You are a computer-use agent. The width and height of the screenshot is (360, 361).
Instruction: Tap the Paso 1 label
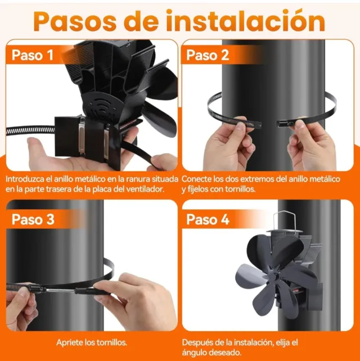[33, 55]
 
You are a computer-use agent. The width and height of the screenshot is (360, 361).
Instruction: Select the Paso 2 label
[208, 55]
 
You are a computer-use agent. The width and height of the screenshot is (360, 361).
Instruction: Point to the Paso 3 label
[33, 219]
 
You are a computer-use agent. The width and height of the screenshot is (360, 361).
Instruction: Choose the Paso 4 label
[208, 219]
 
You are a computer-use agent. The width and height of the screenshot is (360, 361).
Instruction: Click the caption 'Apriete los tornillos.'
[92, 342]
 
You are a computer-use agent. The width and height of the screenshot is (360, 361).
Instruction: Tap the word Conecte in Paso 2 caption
[197, 178]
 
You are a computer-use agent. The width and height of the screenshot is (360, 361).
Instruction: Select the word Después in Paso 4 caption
[198, 342]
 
